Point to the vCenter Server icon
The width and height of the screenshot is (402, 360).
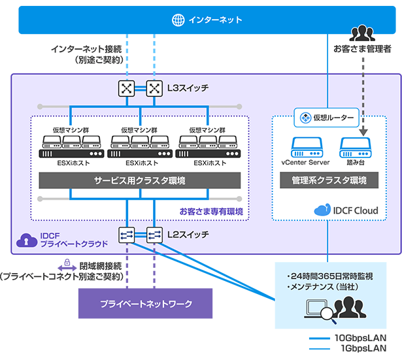pos(305,146)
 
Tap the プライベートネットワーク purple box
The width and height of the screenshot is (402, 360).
pos(146,304)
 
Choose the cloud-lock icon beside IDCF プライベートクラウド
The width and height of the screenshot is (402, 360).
pos(27,240)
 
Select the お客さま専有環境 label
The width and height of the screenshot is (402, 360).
pos(211,211)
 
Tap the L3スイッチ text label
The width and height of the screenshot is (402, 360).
pos(188,88)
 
